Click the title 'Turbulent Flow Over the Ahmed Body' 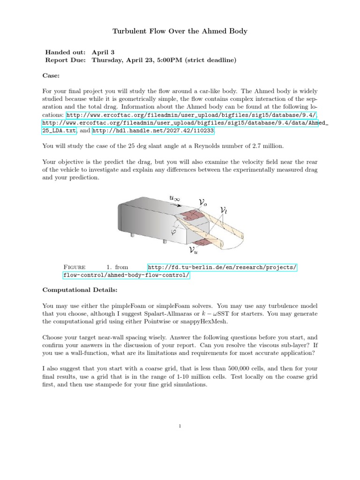180,31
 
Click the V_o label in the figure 204,202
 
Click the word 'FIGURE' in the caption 74,267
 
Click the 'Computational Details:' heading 80,290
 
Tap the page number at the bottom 180,426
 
